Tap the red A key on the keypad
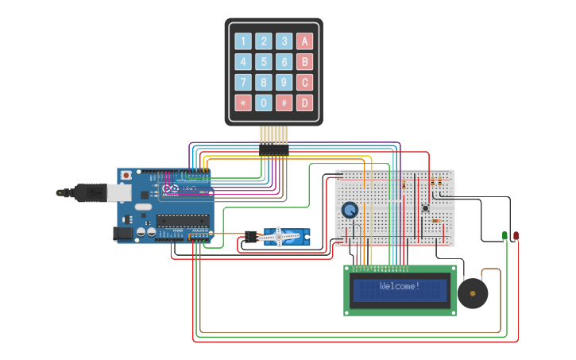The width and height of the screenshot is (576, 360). point(304,41)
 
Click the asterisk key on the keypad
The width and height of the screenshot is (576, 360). point(243,103)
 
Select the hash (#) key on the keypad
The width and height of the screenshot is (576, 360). point(284,103)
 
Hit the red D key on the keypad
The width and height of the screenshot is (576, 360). point(304,103)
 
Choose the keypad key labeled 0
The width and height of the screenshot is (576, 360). point(264,103)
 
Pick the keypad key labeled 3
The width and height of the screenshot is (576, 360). point(284,41)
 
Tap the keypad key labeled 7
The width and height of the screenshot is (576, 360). point(243,82)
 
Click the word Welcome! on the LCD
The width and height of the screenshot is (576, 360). point(400,286)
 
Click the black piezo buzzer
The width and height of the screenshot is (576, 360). point(473,294)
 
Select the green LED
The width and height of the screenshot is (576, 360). point(504,235)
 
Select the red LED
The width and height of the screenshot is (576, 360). point(516,235)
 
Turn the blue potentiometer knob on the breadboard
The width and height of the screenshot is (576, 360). point(350,211)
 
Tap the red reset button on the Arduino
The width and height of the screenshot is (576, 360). point(125,176)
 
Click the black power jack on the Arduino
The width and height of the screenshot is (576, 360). point(122,233)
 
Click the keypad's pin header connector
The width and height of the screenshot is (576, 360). point(273,149)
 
